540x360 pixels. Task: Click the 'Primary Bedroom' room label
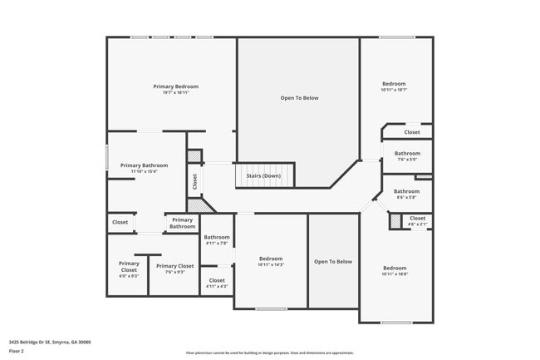point(175,86)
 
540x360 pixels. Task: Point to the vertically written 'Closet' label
point(194,180)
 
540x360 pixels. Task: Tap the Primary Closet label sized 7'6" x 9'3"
point(174,266)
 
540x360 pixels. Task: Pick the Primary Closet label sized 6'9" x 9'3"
point(129,267)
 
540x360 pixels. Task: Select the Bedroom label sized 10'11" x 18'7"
point(394,84)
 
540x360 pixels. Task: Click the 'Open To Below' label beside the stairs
point(299,98)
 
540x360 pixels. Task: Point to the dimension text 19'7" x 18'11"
point(175,93)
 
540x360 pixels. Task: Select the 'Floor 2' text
point(17,351)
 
